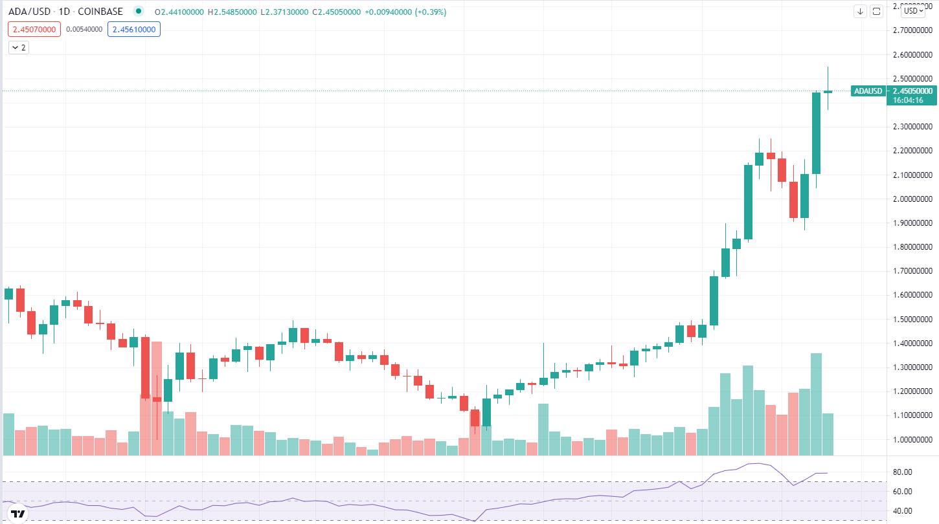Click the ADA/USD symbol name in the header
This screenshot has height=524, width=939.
click(x=25, y=12)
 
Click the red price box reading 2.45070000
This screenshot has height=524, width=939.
click(x=34, y=29)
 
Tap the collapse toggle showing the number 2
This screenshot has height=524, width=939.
click(x=19, y=47)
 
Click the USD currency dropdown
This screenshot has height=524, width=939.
click(x=913, y=11)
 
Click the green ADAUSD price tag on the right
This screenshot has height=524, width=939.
click(x=868, y=91)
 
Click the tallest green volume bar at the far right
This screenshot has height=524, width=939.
click(x=817, y=404)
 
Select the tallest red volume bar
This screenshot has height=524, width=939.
click(x=156, y=398)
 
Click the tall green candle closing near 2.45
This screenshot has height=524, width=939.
click(x=817, y=133)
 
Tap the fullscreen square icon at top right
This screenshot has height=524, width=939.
click(x=876, y=12)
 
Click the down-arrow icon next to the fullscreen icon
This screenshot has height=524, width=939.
click(x=860, y=12)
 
